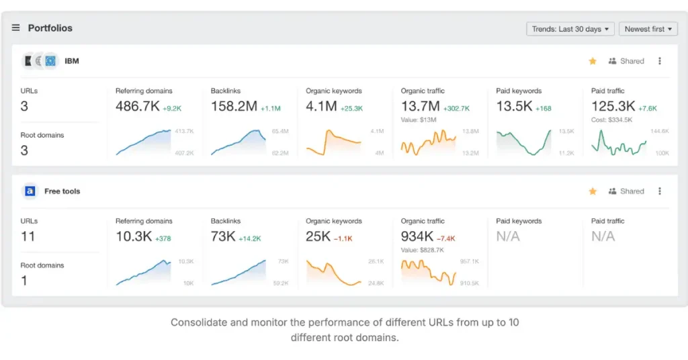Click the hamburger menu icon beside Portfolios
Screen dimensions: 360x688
click(16, 28)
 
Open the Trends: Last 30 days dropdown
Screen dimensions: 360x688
click(570, 29)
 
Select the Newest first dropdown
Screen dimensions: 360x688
click(648, 29)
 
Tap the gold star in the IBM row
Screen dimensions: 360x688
click(593, 61)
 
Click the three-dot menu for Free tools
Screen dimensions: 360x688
click(660, 191)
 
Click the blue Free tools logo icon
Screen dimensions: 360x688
click(30, 191)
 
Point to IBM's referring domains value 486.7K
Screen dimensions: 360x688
click(137, 106)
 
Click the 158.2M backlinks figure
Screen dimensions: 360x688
click(234, 106)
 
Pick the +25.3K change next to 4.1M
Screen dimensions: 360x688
click(351, 108)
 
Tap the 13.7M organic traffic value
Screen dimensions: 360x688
click(420, 106)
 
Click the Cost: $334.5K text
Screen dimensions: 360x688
click(611, 120)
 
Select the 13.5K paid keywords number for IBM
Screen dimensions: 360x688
click(514, 106)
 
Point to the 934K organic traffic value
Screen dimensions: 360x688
click(417, 236)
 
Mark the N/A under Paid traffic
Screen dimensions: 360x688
click(603, 236)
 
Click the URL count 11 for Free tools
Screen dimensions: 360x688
click(28, 236)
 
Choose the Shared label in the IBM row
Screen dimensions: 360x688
click(632, 61)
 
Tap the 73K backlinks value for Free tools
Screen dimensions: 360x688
click(223, 236)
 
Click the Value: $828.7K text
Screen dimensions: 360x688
click(423, 250)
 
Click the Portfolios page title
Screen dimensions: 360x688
click(50, 28)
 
